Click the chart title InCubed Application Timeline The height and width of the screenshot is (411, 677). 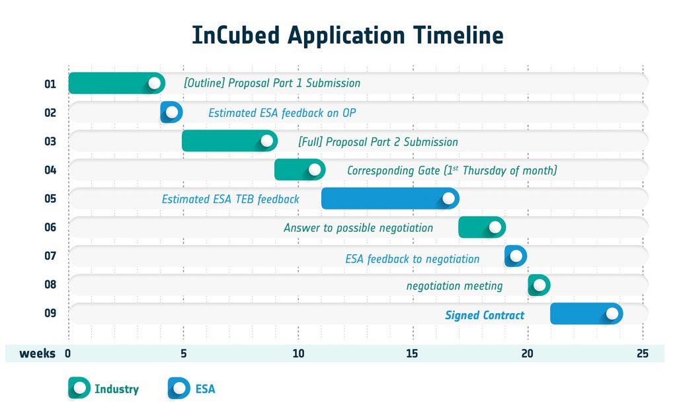[x=348, y=36]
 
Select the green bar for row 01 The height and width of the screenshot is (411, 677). [x=116, y=83]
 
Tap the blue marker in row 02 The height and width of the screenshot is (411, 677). [x=171, y=112]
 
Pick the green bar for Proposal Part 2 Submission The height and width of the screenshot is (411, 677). [x=229, y=141]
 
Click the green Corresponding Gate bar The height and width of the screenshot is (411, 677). [x=300, y=170]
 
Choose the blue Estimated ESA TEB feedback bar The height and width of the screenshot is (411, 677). [x=390, y=199]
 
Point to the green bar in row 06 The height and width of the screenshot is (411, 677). [x=482, y=227]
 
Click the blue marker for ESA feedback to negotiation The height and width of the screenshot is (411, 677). [x=516, y=256]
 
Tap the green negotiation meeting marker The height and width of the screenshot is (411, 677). [x=539, y=285]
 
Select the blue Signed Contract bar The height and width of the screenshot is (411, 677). [x=586, y=313]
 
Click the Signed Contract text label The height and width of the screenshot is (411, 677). [x=485, y=315]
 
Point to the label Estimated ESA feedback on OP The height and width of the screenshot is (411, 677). [x=282, y=113]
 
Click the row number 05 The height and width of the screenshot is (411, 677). [x=50, y=199]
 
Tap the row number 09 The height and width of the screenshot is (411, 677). [x=50, y=313]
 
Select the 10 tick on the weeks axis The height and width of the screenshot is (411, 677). [x=298, y=354]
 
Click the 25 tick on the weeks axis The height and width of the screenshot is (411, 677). [x=643, y=354]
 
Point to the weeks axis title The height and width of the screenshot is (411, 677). [x=37, y=354]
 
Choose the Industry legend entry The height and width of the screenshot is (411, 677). [x=104, y=388]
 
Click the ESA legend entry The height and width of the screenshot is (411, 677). [x=191, y=388]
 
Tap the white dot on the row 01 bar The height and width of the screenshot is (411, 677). [x=154, y=83]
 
